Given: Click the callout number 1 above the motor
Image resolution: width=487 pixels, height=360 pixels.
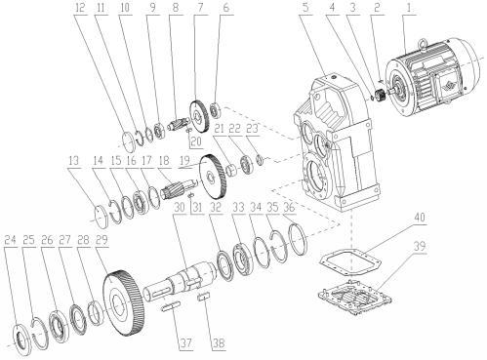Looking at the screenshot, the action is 410,8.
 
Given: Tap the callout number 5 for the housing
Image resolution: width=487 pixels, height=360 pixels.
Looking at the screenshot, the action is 305,8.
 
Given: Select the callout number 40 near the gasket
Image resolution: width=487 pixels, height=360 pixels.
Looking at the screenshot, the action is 420,218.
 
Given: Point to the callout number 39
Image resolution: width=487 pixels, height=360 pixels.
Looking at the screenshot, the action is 419,246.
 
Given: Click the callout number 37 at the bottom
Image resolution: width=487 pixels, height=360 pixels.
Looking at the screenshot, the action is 185,342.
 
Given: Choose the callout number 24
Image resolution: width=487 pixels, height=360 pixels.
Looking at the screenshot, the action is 10,240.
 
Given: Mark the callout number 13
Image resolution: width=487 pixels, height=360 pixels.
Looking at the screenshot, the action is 74,161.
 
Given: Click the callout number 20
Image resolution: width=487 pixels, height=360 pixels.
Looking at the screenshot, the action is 196,141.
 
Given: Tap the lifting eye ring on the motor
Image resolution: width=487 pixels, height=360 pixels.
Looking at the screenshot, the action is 424,44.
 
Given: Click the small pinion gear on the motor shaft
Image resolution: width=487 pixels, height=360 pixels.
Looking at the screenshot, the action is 380,96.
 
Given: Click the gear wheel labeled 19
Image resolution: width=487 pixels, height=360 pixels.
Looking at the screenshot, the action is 214,177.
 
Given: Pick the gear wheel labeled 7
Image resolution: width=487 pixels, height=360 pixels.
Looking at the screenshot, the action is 199,117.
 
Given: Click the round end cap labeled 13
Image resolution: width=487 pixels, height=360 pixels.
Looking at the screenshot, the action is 103,216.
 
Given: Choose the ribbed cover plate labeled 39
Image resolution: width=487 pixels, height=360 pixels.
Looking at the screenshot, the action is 354,297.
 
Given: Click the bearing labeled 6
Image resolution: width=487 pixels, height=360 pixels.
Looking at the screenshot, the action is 215,109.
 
